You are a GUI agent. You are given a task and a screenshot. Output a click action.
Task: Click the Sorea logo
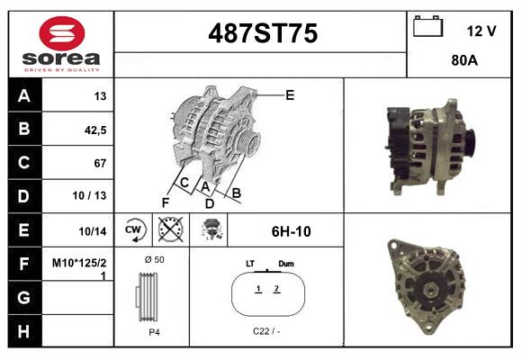click(x=60, y=44)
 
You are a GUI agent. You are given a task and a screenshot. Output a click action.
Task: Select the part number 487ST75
click(x=263, y=34)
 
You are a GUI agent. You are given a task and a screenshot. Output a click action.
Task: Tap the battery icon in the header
click(x=427, y=28)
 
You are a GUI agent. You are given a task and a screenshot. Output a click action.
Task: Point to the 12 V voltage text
click(x=481, y=31)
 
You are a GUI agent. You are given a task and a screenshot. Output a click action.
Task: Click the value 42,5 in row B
click(x=94, y=130)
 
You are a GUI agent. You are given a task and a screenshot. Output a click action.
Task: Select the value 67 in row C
click(x=100, y=163)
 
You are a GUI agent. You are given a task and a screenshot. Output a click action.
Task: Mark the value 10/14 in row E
click(x=93, y=230)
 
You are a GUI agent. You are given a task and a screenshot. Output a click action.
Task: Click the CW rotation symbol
click(x=134, y=230)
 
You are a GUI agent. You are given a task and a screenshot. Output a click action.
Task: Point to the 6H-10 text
click(x=291, y=231)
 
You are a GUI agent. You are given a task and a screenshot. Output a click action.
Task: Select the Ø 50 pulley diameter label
click(x=154, y=260)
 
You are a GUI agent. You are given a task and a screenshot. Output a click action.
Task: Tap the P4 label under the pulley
click(x=153, y=332)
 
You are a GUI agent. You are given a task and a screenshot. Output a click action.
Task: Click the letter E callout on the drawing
click(x=290, y=94)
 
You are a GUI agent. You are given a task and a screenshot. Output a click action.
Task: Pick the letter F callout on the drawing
click(x=165, y=201)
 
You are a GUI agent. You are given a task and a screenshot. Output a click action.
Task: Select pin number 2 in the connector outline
click(x=276, y=289)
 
